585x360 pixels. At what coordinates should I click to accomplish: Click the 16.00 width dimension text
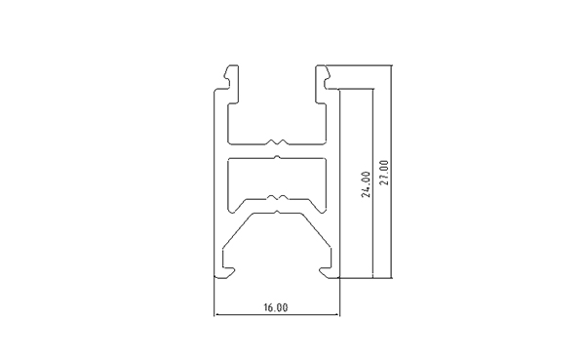(276, 307)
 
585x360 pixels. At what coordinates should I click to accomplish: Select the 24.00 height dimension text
(366, 184)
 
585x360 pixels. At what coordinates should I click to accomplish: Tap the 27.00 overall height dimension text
(384, 173)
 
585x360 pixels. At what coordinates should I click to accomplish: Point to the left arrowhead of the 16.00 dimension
(216, 315)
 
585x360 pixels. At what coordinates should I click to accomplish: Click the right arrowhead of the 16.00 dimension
(337, 315)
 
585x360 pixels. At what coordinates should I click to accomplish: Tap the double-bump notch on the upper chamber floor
(277, 141)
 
